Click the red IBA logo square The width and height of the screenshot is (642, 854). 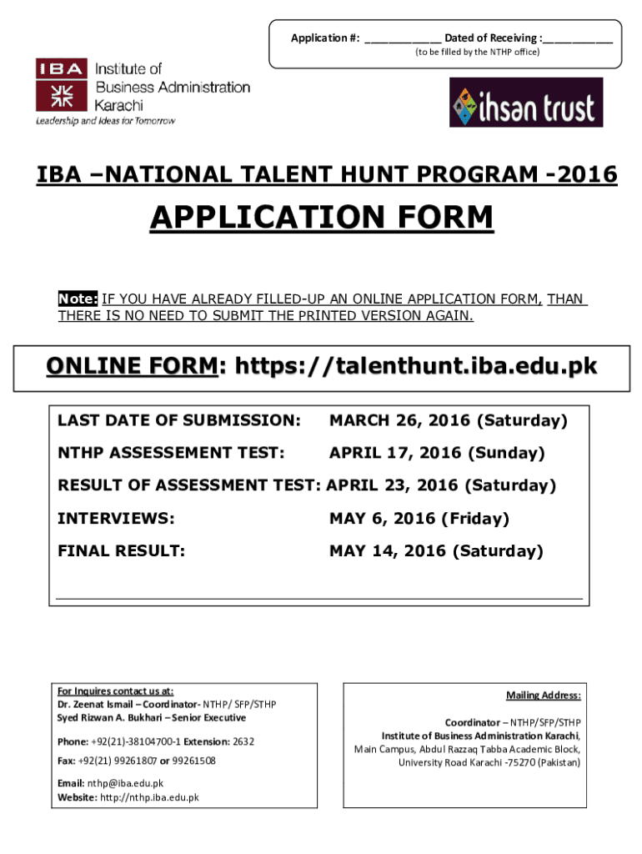click(61, 84)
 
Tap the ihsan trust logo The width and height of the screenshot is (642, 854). click(525, 103)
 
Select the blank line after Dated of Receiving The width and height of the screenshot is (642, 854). click(579, 38)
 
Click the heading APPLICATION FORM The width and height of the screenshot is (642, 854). click(321, 219)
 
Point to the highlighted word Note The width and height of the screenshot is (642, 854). click(78, 299)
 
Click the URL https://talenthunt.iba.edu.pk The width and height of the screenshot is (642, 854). click(417, 367)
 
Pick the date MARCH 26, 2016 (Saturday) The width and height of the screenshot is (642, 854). click(448, 420)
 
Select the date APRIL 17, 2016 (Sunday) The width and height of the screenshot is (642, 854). click(437, 453)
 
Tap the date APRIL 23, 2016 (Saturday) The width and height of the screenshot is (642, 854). click(441, 485)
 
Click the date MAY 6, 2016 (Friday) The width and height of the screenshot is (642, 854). click(418, 519)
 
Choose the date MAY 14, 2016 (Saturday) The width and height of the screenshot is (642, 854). click(435, 551)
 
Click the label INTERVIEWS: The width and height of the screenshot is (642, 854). click(116, 519)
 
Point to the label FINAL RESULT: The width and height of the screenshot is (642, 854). click(121, 551)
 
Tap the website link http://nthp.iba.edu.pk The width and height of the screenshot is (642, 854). click(149, 797)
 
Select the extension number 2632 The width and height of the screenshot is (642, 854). click(243, 741)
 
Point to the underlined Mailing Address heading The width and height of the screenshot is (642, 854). click(543, 696)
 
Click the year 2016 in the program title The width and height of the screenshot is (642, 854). click(589, 175)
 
